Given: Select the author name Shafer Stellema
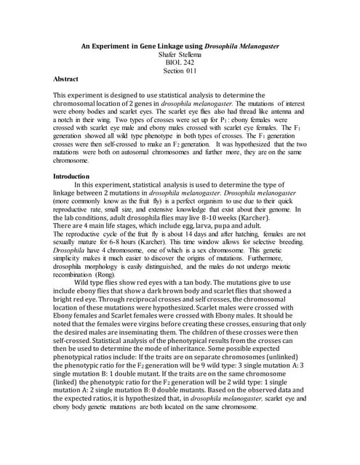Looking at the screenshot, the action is [180, 54].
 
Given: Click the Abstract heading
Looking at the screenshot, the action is [66, 78].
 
